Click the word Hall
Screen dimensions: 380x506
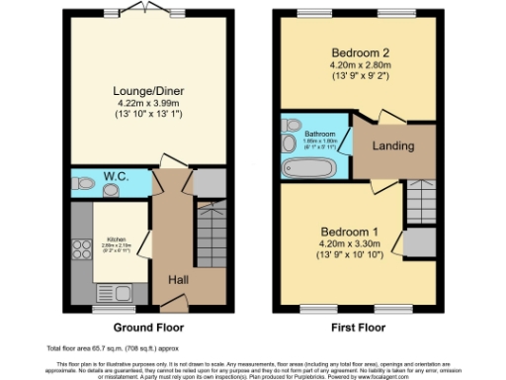[x=178, y=281]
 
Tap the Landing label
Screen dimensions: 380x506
[x=391, y=146]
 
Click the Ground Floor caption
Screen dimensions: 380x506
[x=143, y=327]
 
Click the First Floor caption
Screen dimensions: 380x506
[x=359, y=327]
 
